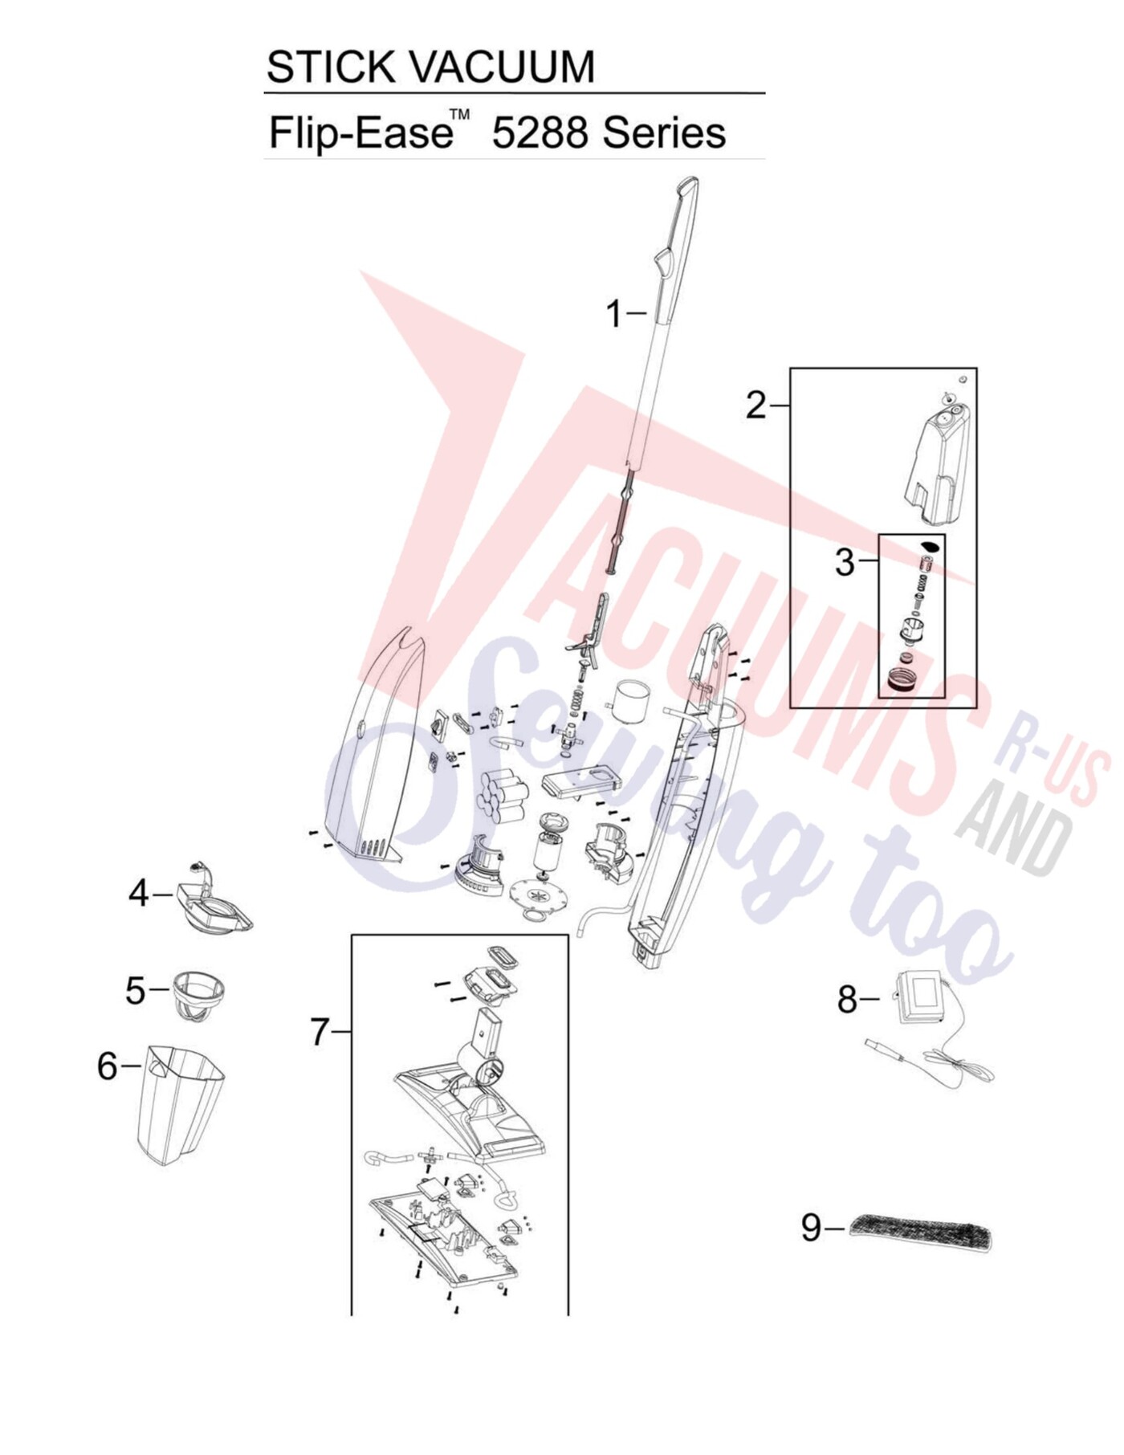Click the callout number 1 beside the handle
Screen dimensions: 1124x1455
pos(614,314)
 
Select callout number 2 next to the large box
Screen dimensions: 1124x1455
pos(756,406)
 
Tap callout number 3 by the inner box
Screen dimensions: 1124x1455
pos(845,562)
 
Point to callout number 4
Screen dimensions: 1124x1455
pos(140,893)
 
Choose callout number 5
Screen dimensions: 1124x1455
pos(136,990)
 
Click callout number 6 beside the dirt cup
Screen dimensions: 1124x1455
pos(108,1066)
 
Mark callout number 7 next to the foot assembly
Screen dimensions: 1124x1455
pos(320,1031)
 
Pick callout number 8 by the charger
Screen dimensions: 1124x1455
pos(848,1000)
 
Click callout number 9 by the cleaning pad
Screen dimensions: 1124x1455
pos(812,1227)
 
